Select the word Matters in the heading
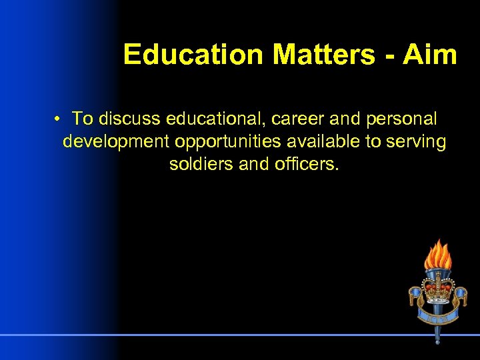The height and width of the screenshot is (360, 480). pos(323,55)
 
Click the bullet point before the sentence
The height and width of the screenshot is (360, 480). pos(59,119)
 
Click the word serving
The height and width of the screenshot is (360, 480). pos(419,143)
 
